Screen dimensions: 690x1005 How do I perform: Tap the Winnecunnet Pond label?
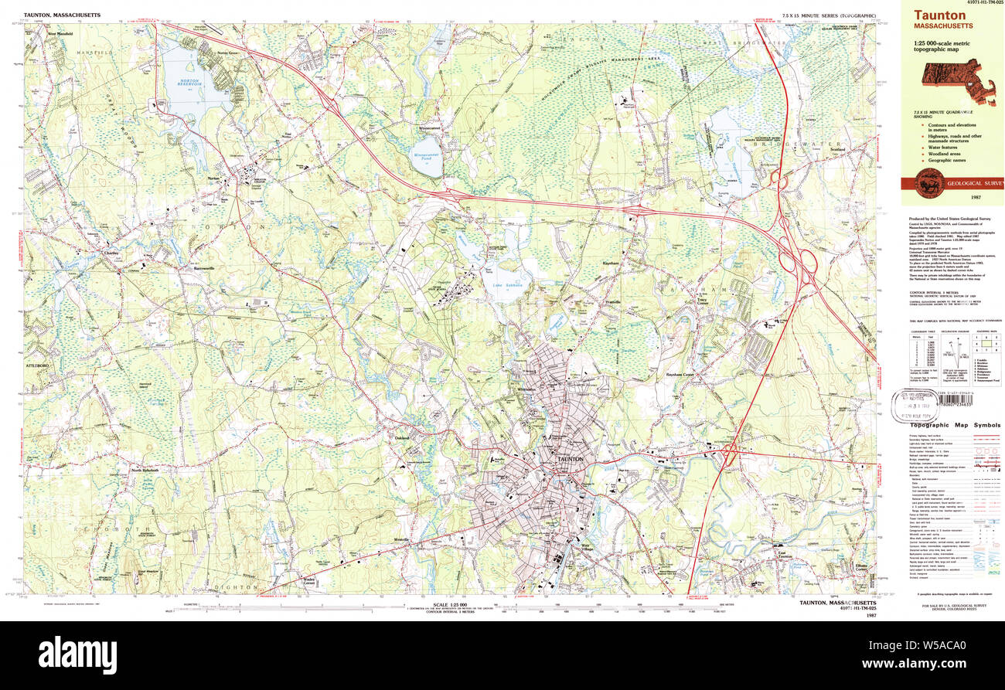pos(426,156)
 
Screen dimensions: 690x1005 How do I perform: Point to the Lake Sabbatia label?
pos(508,285)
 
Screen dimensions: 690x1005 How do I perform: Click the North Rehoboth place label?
pos(145,470)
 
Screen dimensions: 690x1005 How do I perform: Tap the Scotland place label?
pos(837,149)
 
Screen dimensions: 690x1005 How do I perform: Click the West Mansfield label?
pos(63,34)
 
